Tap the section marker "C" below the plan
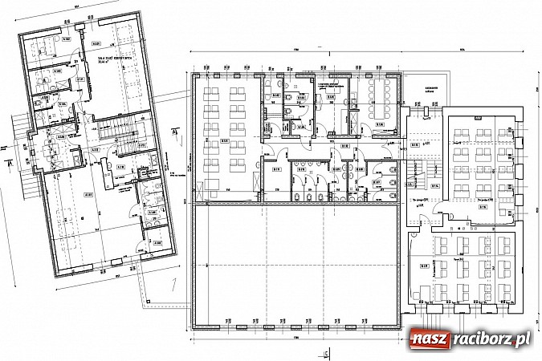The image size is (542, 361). (x=326, y=351)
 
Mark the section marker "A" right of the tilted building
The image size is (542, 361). (x=173, y=132)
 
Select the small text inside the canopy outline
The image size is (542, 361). (x=430, y=89)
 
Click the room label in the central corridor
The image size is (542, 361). (x=343, y=148)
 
